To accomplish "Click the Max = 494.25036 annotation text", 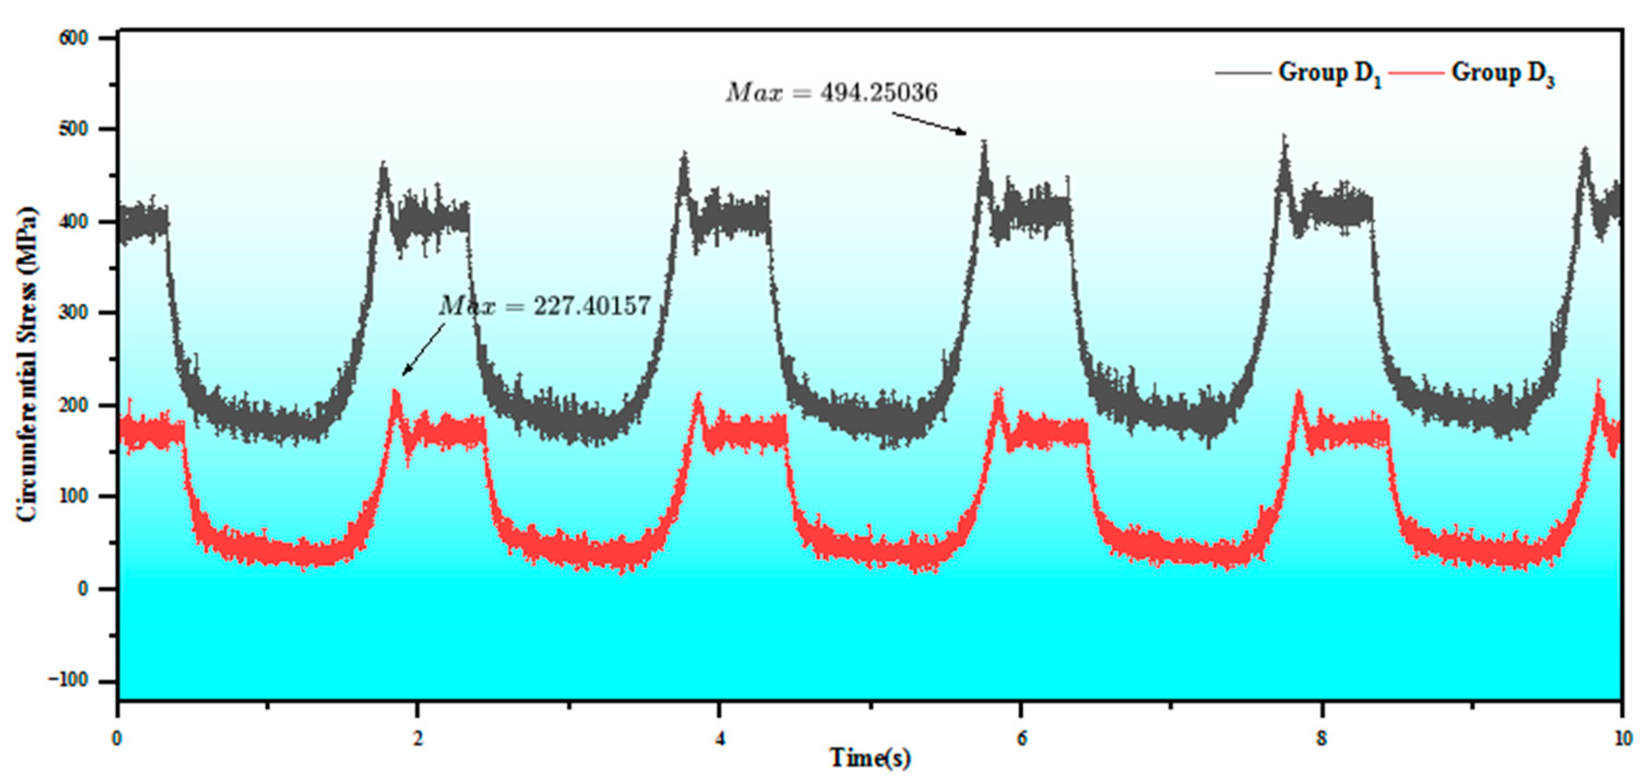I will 831,93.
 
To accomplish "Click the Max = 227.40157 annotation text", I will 545,307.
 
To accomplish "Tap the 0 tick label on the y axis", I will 83,589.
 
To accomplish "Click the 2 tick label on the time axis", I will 418,739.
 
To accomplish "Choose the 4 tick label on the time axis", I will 720,739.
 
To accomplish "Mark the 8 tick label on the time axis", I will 1322,739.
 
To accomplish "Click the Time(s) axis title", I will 870,758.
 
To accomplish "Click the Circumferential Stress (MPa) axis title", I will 27,364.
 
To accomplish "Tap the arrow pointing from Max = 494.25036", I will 929,124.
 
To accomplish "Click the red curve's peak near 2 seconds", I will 395,391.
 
